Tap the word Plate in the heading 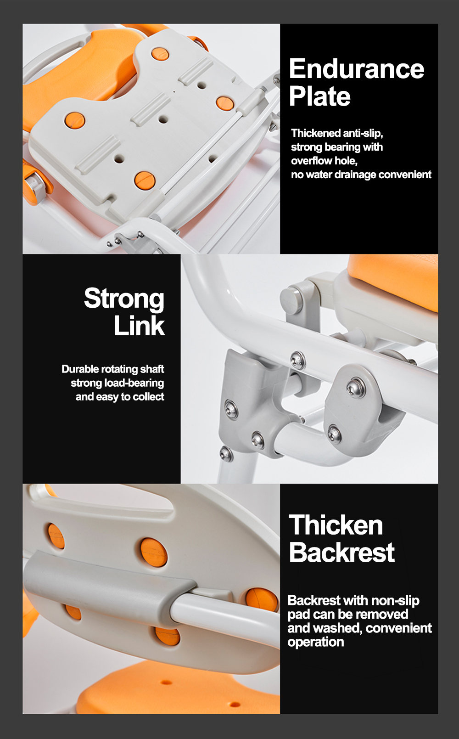[319, 96]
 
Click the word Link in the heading [139, 326]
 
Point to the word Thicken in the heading [336, 525]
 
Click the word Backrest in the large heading [341, 552]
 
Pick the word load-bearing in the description [134, 383]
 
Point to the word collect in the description [148, 396]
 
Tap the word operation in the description [316, 642]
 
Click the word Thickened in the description [316, 133]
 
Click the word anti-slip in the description [363, 133]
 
